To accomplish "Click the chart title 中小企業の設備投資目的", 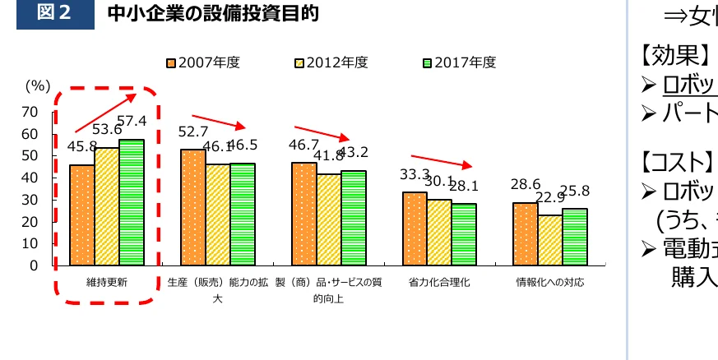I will click(213, 14).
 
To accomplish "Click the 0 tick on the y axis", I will click(34, 265).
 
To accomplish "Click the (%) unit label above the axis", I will click(37, 85).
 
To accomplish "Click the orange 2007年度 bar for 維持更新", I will click(81, 215).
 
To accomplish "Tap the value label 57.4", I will click(132, 121).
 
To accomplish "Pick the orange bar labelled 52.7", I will click(193, 207).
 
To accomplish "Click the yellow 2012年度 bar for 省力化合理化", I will click(439, 232).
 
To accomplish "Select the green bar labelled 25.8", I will click(574, 237).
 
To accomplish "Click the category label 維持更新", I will click(106, 282).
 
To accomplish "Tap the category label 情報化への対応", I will click(549, 282).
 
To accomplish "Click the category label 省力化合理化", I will click(438, 282).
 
